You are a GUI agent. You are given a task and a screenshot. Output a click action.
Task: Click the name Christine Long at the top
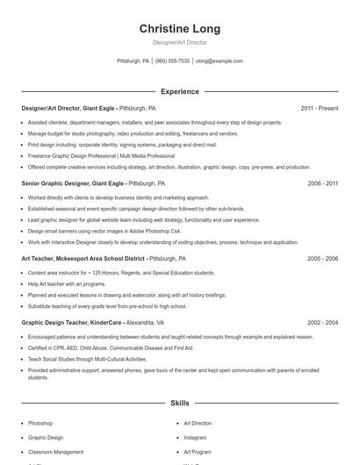(180, 29)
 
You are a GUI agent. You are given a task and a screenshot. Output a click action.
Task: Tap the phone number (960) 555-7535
(172, 61)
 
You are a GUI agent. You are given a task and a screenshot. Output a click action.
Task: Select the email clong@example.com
(220, 61)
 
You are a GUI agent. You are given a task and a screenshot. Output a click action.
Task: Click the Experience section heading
(180, 91)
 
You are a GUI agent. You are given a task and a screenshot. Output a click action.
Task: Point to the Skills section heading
(180, 403)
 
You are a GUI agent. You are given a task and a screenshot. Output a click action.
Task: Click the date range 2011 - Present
(319, 108)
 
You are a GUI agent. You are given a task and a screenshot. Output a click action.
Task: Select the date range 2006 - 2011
(322, 184)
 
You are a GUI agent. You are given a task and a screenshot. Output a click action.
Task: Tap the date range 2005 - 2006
(322, 260)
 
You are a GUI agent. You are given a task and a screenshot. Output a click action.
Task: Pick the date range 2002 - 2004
(322, 323)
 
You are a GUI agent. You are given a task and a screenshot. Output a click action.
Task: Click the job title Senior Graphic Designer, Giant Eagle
(73, 184)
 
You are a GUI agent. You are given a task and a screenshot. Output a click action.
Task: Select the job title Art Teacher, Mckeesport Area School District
(83, 260)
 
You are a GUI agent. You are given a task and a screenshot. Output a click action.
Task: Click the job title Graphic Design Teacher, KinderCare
(71, 323)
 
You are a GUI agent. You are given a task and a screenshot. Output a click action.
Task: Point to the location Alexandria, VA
(146, 323)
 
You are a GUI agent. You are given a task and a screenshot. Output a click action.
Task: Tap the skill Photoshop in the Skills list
(40, 423)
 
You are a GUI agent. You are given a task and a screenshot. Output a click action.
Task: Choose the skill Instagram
(195, 437)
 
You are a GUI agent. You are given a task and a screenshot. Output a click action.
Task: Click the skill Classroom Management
(55, 452)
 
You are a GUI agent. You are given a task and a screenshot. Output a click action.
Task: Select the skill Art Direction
(198, 423)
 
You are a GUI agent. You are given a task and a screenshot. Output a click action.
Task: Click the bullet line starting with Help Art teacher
(59, 285)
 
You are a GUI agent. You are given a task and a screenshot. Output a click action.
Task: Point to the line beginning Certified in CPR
(98, 347)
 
